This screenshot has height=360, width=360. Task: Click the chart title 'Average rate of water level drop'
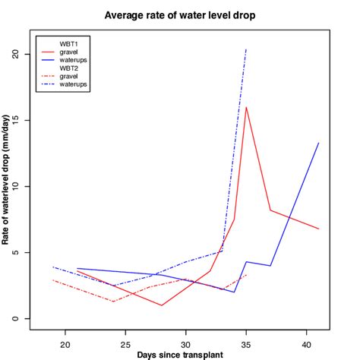(x=180, y=14)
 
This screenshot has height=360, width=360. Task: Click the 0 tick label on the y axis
(x=15, y=318)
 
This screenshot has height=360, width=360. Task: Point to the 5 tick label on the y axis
(x=15, y=252)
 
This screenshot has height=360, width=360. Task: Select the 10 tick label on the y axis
(x=15, y=186)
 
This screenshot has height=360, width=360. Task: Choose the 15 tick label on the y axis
(x=15, y=120)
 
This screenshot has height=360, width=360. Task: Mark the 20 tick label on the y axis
(x=15, y=54)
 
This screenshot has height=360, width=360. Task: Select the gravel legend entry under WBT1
(x=71, y=52)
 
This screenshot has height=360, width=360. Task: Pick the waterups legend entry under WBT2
(x=74, y=84)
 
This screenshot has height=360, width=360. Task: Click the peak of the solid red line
(x=246, y=107)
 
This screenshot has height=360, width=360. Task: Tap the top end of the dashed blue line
(x=246, y=49)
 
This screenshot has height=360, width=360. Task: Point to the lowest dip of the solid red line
(x=162, y=305)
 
